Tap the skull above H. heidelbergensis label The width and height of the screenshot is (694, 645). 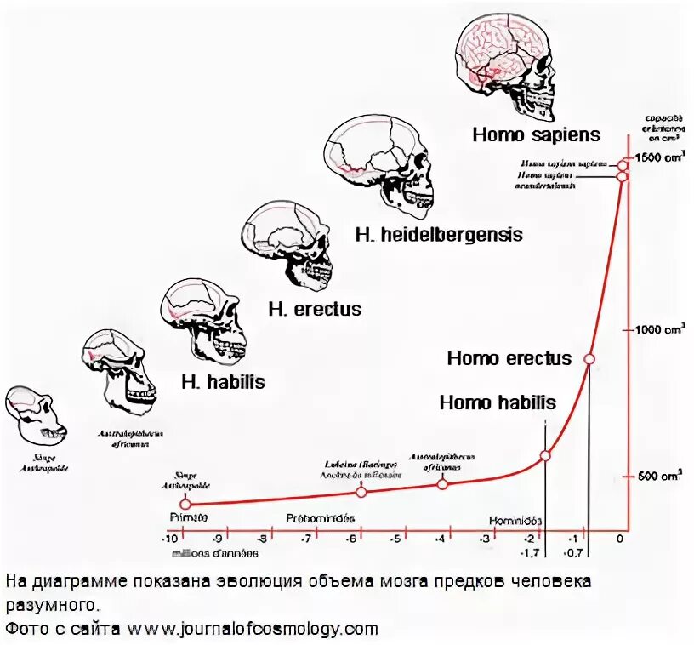pos(381,162)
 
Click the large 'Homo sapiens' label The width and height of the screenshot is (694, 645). pos(536,134)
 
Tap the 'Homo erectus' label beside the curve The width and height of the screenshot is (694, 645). pos(509,358)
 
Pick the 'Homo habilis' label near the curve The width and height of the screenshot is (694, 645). pos(498,402)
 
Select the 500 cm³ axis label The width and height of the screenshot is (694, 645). pos(658,477)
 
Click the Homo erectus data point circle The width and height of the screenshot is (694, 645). pos(588,359)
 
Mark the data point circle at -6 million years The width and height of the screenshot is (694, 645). pos(361,492)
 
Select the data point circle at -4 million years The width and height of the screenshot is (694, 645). pos(442,483)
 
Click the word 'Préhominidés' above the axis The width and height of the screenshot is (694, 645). pos(320,517)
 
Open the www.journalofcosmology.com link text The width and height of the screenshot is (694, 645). pos(253,630)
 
